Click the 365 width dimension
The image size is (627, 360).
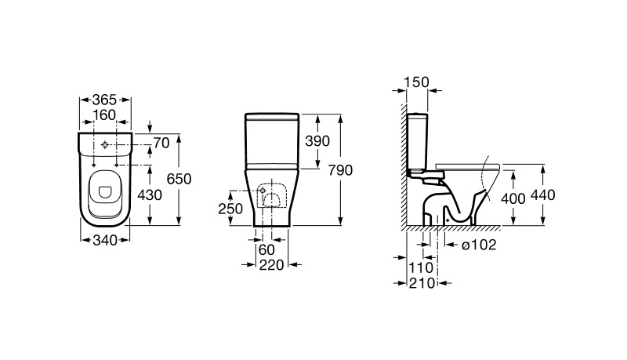pos(104,100)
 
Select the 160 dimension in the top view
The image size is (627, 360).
pos(104,115)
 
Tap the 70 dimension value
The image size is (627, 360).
pos(161,143)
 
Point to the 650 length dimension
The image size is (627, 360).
pos(179,179)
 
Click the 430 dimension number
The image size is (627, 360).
pos(150,195)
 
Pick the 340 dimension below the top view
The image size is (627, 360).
pos(105,241)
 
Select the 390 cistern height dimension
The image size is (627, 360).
pos(317,141)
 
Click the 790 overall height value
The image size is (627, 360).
pos(340,170)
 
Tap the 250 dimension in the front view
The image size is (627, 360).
pos(230,209)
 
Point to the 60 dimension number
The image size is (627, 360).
pos(267,250)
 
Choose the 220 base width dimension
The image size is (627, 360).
pos(271,265)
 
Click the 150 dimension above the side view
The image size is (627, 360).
pos(416,82)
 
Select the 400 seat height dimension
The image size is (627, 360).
pos(513,198)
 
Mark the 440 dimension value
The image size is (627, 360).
pos(543,195)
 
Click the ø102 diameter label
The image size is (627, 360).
pos(479,245)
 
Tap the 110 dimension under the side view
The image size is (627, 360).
pos(421,267)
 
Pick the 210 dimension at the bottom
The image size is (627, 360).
pos(422,283)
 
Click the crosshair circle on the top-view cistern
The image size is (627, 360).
pos(105,145)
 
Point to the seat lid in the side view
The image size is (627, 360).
pos(468,166)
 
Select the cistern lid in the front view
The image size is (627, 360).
pos(272,117)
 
